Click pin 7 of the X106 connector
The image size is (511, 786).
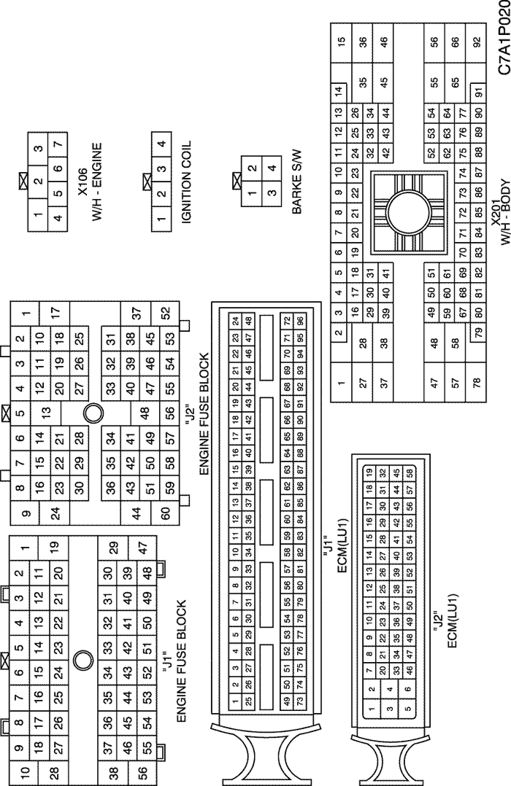click(x=58, y=144)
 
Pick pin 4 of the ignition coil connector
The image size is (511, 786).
click(x=161, y=144)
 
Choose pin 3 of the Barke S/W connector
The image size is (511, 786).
click(x=272, y=192)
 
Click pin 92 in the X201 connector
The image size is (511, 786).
click(x=477, y=42)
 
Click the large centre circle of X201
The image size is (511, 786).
click(x=408, y=213)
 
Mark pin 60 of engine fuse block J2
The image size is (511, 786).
click(x=166, y=513)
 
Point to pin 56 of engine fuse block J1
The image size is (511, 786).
click(x=142, y=771)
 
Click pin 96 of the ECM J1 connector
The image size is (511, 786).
click(x=300, y=321)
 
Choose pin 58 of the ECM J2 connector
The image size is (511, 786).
click(x=410, y=473)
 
